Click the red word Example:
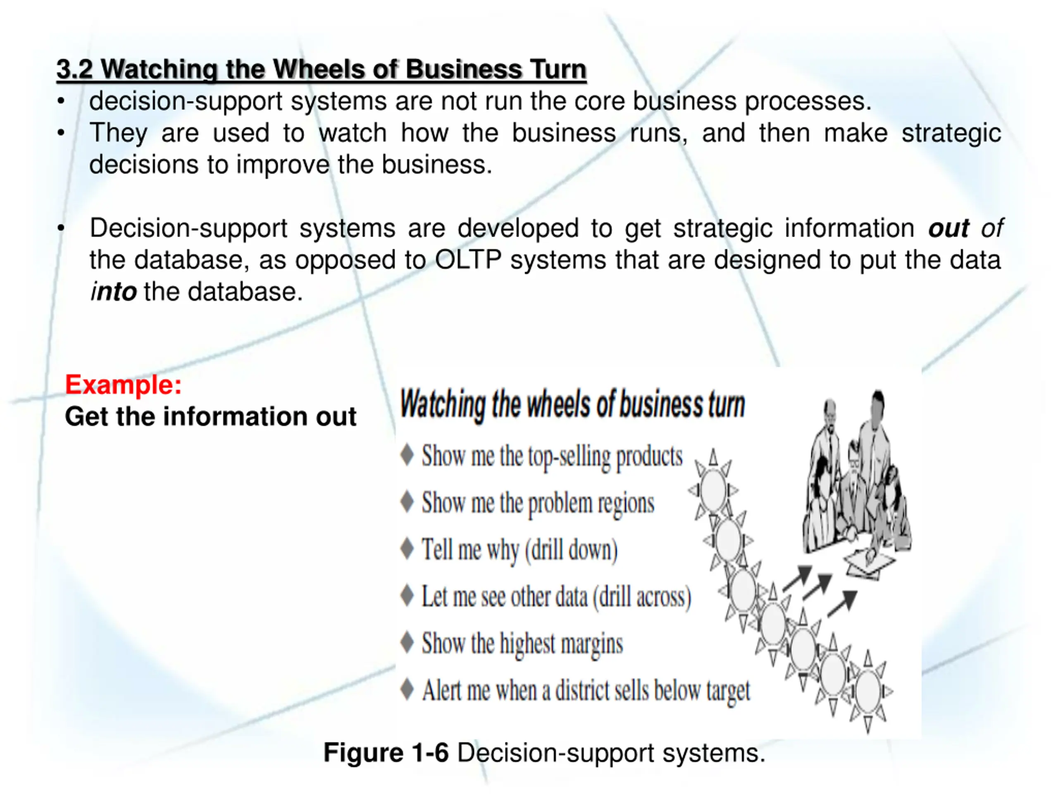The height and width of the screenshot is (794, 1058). coord(124,384)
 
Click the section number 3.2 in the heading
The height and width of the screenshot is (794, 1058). coord(75,69)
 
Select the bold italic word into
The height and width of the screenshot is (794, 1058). coord(114,292)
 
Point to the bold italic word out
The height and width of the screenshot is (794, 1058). coord(948,228)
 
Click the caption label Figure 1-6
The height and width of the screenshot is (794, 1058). coord(386,753)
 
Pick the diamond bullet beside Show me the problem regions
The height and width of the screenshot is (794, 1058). coord(407,502)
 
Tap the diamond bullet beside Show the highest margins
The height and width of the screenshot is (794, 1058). coord(407,642)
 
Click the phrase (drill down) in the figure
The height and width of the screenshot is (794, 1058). coord(571,550)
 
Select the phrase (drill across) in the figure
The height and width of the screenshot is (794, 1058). coord(642,597)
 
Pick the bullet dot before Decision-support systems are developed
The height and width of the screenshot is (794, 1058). coord(61,228)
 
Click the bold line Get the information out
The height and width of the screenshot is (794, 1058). coord(210,416)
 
